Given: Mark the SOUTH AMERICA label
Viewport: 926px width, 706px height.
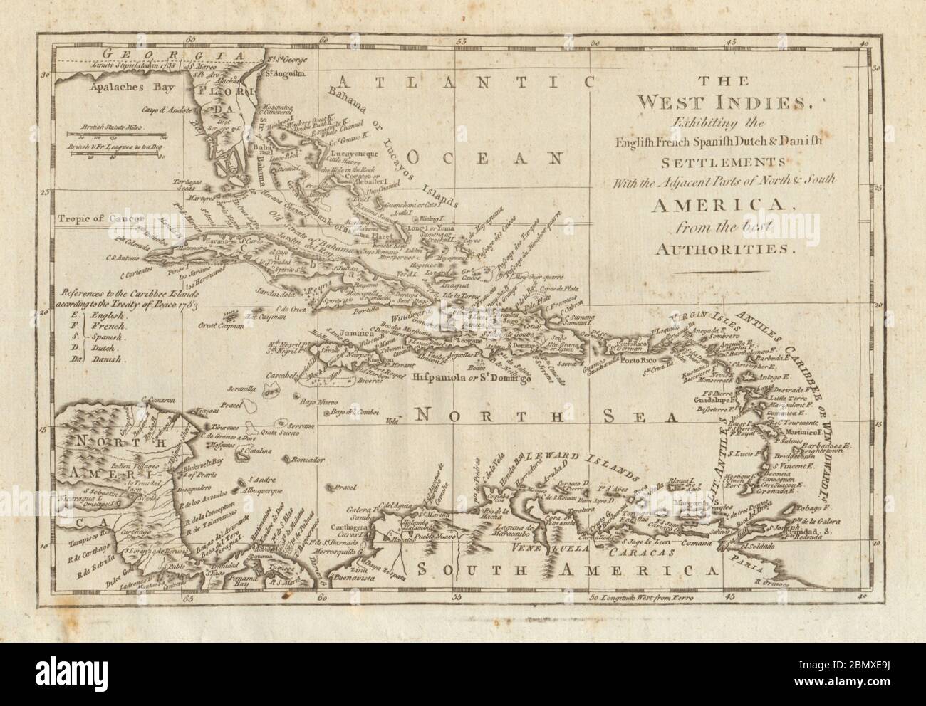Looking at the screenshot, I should pyautogui.click(x=566, y=569).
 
